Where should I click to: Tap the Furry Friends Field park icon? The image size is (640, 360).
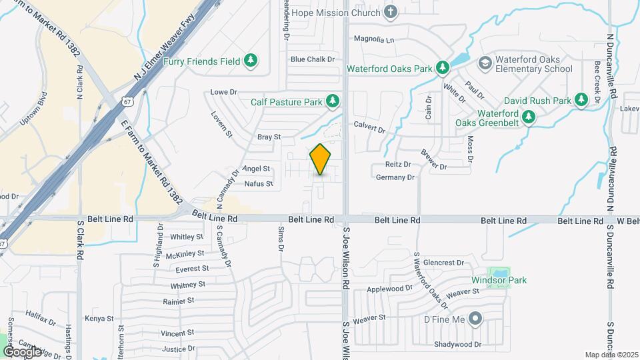click(x=251, y=61)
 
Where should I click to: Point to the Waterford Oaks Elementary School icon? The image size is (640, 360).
click(x=485, y=63)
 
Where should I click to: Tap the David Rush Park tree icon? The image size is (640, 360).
click(x=581, y=100)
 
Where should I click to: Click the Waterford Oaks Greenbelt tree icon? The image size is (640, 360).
click(x=529, y=117)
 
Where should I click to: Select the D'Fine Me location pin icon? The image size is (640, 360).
click(x=475, y=320)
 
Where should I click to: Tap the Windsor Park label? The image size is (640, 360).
click(x=499, y=280)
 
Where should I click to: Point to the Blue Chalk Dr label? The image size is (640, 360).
click(x=311, y=59)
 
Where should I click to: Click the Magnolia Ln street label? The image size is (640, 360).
click(x=374, y=39)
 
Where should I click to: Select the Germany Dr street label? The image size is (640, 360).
click(x=395, y=177)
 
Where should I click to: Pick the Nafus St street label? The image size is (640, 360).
click(x=259, y=183)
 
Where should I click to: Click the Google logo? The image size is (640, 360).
click(x=23, y=351)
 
